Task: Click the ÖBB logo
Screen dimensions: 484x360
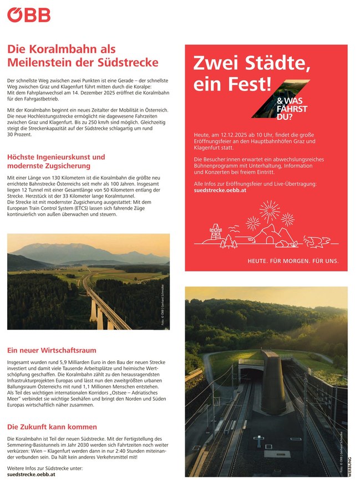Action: pyautogui.click(x=28, y=14)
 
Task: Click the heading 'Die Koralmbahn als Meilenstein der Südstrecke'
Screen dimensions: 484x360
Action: pyautogui.click(x=83, y=55)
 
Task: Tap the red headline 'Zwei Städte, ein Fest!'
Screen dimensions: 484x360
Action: pyautogui.click(x=251, y=73)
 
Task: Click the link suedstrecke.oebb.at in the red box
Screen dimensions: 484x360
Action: pyautogui.click(x=219, y=190)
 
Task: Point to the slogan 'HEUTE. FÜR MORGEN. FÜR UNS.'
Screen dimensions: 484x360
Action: pyautogui.click(x=292, y=261)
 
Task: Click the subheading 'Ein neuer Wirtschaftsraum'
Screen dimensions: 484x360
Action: pyautogui.click(x=52, y=350)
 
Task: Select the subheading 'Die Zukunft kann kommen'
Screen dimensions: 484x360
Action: pyautogui.click(x=52, y=427)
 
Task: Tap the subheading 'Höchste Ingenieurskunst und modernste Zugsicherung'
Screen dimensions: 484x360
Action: pyautogui.click(x=55, y=162)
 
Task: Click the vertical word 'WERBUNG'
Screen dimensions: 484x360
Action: pyautogui.click(x=349, y=465)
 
